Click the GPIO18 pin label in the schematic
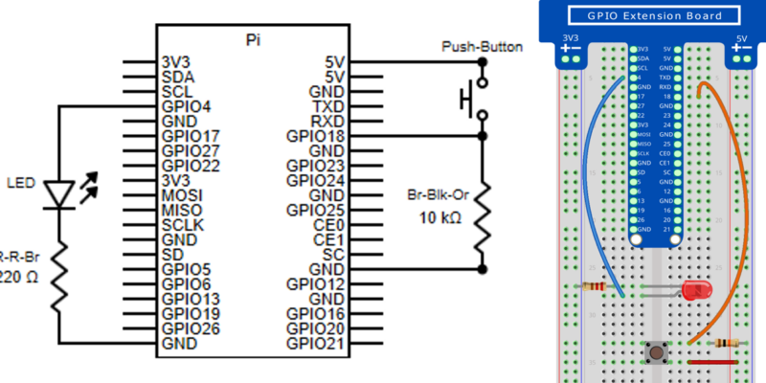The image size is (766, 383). [x=315, y=137]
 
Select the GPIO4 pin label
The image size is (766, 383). [x=187, y=106]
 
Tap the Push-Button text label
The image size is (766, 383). [x=482, y=47]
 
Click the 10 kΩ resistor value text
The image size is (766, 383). [x=440, y=218]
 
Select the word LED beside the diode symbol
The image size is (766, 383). [x=20, y=182]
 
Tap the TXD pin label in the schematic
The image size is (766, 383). [x=327, y=106]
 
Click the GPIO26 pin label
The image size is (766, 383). [x=191, y=328]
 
